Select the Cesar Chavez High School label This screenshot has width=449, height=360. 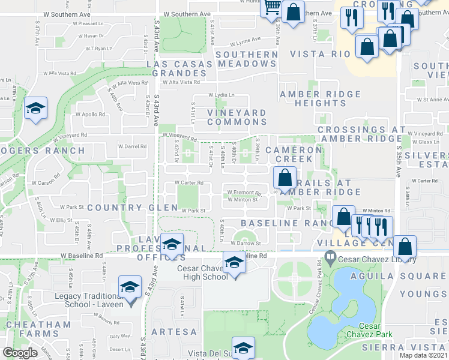pos(202,272)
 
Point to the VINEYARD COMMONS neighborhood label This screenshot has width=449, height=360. pos(237,117)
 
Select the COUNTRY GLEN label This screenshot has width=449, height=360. pos(133,208)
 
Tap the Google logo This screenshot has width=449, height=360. pos(20,353)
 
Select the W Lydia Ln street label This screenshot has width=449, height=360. pos(221,95)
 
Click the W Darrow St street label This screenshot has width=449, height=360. pos(246,244)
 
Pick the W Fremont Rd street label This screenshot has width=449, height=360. pos(244,193)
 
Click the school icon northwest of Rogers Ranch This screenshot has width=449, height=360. pos(36,109)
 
